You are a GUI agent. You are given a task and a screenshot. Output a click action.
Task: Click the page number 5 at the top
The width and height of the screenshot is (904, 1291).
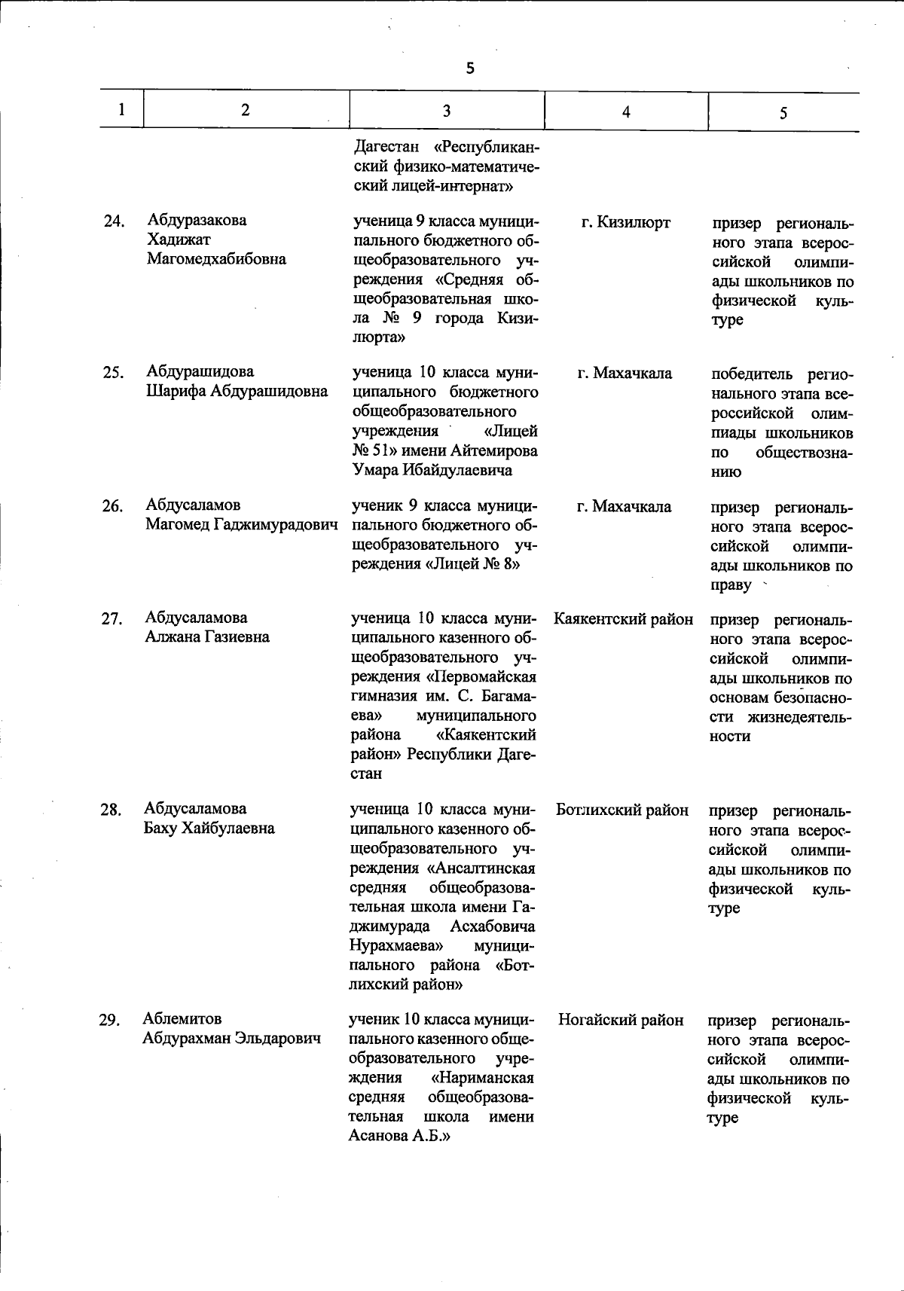[470, 69]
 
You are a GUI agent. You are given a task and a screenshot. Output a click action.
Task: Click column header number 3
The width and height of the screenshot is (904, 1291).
[447, 111]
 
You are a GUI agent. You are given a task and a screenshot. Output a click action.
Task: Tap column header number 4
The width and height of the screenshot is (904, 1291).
[626, 112]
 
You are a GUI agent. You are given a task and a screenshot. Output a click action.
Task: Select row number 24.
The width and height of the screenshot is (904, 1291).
[114, 221]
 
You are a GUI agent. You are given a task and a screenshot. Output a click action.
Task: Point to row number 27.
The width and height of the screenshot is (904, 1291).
[111, 619]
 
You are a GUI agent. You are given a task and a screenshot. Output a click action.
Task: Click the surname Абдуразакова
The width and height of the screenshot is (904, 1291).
[197, 220]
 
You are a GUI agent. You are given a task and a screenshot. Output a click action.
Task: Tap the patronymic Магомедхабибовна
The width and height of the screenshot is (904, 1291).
[216, 259]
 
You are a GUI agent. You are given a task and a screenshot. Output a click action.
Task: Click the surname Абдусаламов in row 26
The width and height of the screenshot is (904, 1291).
[194, 505]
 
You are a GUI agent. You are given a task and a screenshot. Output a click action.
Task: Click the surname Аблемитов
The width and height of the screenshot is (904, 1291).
[182, 1019]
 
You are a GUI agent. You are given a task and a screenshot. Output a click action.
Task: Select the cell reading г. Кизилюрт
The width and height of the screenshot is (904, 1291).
[625, 222]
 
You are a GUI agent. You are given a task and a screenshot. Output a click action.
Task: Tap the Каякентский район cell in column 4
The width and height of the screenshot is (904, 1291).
[623, 619]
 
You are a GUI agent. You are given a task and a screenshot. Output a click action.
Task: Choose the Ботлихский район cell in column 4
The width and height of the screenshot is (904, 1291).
[622, 810]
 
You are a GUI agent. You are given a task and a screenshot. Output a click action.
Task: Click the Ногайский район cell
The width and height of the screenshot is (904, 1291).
[621, 1021]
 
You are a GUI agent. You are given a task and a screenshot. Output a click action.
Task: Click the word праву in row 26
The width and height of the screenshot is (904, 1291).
[731, 585]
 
